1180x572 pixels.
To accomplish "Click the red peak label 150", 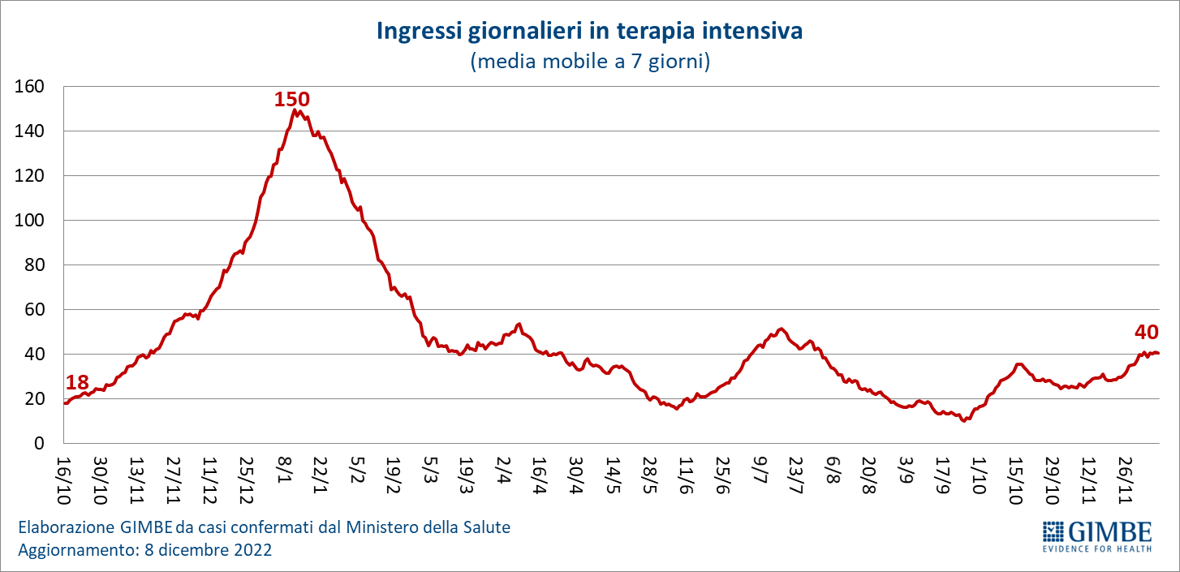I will click(292, 99).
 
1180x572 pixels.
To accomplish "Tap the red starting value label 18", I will click(76, 383).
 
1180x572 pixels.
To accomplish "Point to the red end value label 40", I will click(1147, 332).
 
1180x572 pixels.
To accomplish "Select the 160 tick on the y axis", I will click(29, 86).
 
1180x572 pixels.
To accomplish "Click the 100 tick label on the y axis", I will click(29, 220).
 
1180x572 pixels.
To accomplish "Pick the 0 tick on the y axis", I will click(38, 443).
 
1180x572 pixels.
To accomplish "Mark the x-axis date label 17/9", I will click(942, 475).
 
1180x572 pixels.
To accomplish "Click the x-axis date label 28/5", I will click(650, 475).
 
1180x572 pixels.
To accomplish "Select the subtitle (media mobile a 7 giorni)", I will click(590, 62).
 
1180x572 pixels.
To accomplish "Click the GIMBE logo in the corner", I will click(1096, 535).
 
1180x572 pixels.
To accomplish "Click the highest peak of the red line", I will click(294, 110).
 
